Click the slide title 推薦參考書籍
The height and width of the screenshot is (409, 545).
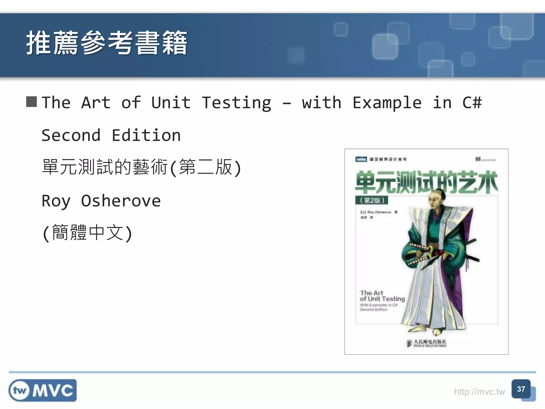point(106,43)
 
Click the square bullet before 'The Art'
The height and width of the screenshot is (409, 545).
point(31,102)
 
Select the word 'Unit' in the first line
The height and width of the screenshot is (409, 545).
point(171,103)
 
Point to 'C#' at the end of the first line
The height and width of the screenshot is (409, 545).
point(472,103)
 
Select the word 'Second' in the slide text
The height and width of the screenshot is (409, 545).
point(71,135)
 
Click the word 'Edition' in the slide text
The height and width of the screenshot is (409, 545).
point(146,135)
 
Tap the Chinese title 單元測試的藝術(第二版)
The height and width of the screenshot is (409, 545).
point(141,167)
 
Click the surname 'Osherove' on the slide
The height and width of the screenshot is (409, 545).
point(121,201)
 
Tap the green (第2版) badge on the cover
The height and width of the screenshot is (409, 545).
point(372,200)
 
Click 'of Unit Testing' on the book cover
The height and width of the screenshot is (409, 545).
point(382,299)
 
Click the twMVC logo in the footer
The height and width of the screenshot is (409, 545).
point(43,390)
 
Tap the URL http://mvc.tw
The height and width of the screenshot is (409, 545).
point(479,392)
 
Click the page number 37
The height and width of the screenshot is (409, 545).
point(521,389)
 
